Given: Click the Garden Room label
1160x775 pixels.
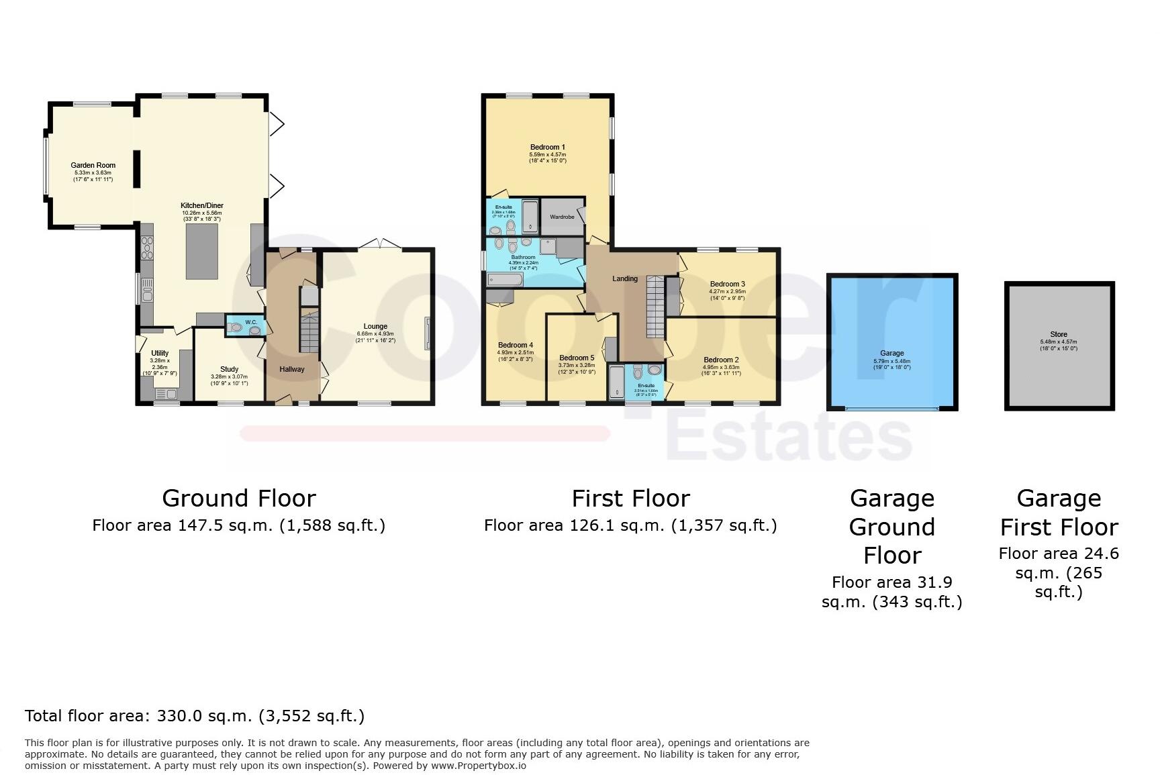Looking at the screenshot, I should (x=93, y=165).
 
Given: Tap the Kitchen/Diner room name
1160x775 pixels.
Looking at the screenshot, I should (x=201, y=205).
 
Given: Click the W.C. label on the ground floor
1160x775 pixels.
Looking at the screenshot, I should (x=251, y=322).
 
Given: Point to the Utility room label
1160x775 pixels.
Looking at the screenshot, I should (x=160, y=353).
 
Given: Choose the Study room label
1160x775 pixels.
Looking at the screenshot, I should (x=229, y=369).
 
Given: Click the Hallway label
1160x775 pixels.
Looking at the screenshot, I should (x=292, y=369).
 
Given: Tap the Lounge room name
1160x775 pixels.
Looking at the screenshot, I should (x=375, y=327).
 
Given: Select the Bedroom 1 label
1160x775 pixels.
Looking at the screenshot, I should (x=547, y=147).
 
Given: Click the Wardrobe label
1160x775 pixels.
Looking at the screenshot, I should (x=562, y=217).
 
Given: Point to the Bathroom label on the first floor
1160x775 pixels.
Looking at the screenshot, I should (x=523, y=257).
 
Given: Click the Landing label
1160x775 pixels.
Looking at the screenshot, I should (x=625, y=278).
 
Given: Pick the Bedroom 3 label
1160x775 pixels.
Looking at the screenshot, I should (x=728, y=284).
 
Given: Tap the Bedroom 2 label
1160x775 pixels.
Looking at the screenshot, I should (x=721, y=360).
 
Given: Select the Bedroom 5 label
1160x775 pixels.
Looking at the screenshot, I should (x=577, y=358).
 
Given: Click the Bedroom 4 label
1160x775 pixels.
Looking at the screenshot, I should (x=515, y=345).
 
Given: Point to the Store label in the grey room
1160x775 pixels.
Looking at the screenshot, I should (x=1058, y=334).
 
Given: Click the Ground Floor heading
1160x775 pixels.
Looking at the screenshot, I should (x=238, y=499).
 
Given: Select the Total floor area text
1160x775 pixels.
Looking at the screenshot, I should (x=195, y=716).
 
